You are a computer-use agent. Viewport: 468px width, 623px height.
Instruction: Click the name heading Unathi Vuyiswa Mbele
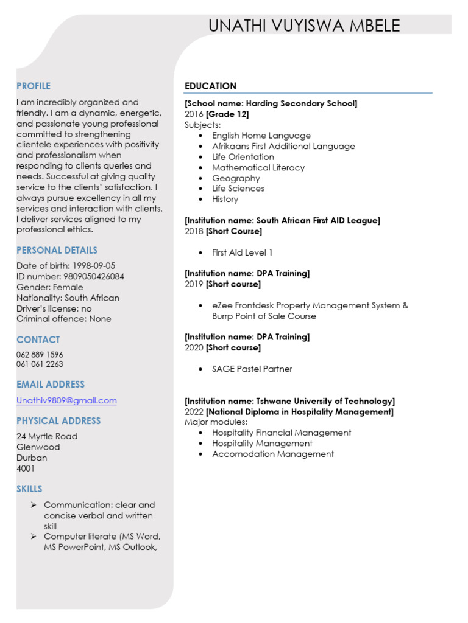point(304,26)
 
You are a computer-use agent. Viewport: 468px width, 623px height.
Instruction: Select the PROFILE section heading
point(34,86)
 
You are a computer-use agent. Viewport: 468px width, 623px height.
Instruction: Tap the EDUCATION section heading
point(210,86)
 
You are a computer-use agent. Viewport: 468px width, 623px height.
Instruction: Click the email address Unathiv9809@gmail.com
point(66,400)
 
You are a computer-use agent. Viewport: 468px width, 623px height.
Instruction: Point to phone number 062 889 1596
point(40,354)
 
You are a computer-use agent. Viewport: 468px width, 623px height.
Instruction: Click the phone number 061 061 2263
point(40,364)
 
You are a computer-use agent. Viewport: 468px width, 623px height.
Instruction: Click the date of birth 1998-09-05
point(94,266)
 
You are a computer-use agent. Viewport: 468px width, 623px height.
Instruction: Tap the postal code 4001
point(26,468)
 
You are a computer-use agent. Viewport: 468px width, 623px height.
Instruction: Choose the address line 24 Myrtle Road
point(47,436)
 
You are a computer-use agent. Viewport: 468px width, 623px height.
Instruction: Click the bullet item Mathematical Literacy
point(258,167)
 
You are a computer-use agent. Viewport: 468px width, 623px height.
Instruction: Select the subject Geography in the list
point(236,178)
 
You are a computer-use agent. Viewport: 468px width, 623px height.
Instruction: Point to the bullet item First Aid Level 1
point(242,252)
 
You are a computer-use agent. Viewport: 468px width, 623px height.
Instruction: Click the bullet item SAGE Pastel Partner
point(252,369)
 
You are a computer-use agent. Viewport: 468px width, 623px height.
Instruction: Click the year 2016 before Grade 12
point(194,114)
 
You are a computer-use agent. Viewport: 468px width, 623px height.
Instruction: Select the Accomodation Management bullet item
point(272,454)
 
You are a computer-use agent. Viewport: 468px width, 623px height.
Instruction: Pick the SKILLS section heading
point(29,489)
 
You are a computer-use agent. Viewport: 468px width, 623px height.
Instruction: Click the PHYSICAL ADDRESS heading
point(58,420)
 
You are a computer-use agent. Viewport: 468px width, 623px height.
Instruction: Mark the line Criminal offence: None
point(64,319)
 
